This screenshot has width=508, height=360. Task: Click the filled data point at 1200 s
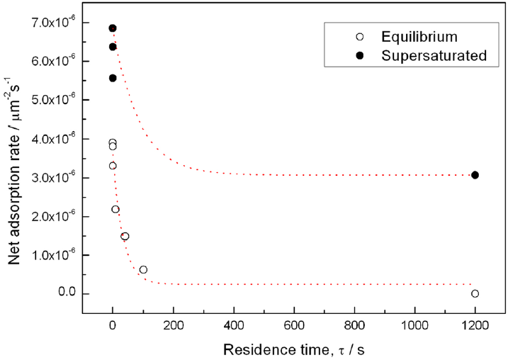coord(475,175)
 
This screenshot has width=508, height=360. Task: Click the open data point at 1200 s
coord(475,293)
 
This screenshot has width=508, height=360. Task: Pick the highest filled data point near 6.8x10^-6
coord(112,28)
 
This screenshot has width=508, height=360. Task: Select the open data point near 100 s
coord(143,269)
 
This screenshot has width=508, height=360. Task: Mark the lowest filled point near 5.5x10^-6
coord(112,78)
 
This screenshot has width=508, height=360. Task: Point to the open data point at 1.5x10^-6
coord(125,236)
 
